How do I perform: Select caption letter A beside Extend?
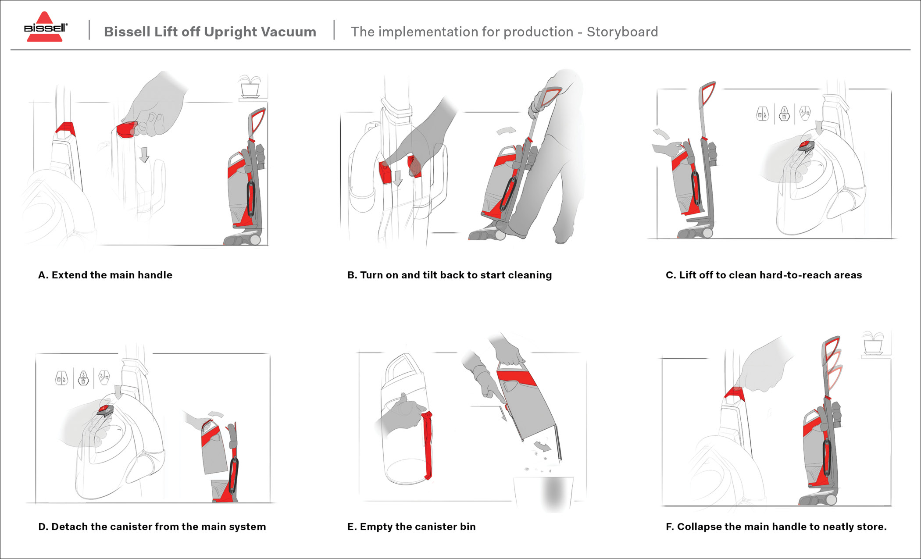(x=42, y=275)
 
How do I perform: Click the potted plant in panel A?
(x=250, y=86)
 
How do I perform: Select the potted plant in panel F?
(x=873, y=343)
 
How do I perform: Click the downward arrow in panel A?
(x=144, y=155)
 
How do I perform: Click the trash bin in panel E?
(x=544, y=493)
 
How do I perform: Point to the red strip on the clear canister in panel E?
(x=427, y=445)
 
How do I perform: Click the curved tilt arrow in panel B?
(x=506, y=131)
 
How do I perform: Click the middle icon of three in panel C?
(x=784, y=114)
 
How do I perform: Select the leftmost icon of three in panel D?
(x=61, y=378)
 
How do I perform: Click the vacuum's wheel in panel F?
(x=831, y=499)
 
